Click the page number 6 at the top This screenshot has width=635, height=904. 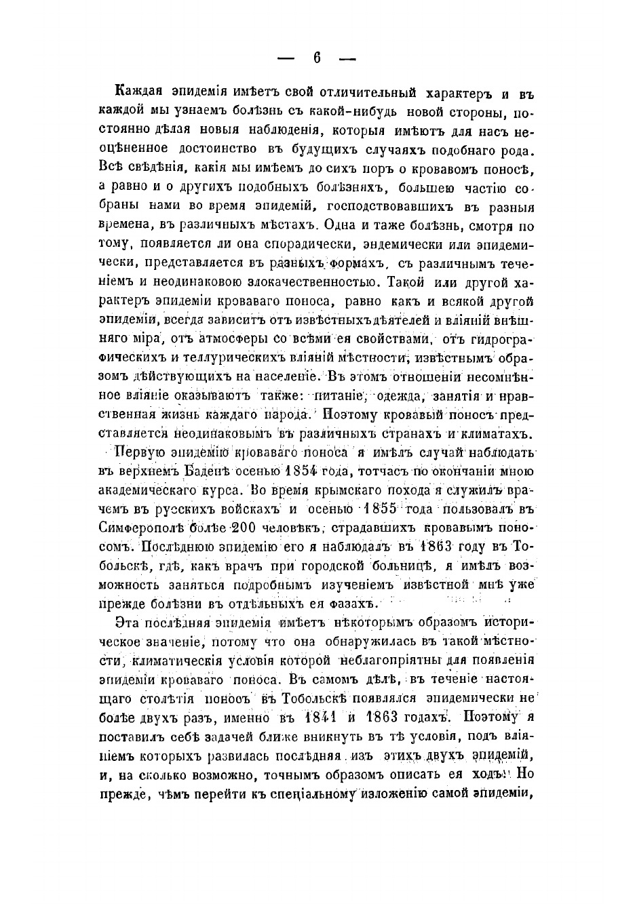click(x=317, y=58)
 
